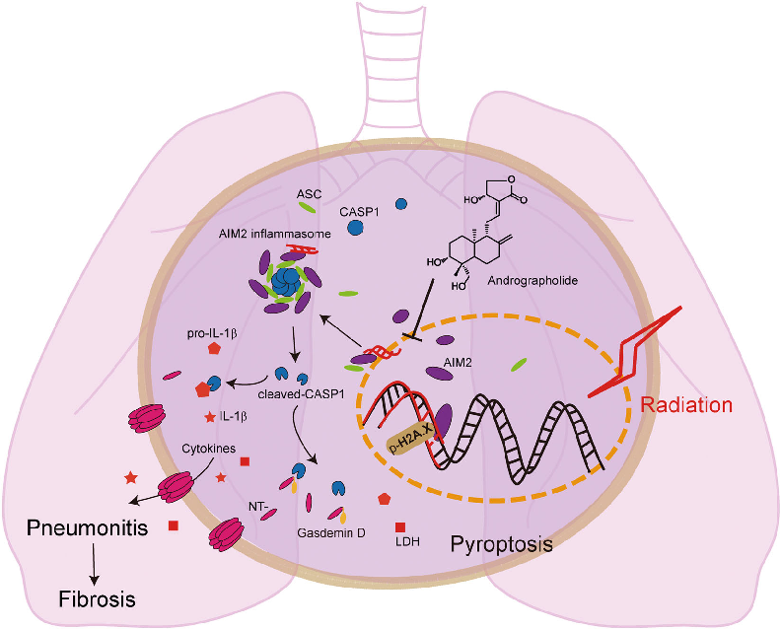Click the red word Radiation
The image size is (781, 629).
click(x=686, y=404)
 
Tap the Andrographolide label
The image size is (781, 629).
click(x=532, y=281)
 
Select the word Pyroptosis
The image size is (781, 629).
click(x=500, y=543)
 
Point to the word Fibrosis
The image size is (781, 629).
click(x=95, y=598)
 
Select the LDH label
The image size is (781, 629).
click(x=404, y=542)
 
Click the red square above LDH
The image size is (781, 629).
click(x=401, y=527)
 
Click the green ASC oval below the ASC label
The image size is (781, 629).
click(x=308, y=208)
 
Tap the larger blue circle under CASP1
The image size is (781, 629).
click(x=355, y=227)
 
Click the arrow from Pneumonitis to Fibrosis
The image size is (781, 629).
click(x=95, y=563)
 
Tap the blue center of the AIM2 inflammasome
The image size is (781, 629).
click(x=287, y=282)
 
